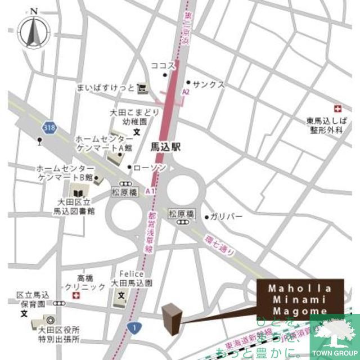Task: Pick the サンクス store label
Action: pyautogui.click(x=209, y=84)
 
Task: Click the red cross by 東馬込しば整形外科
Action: pyautogui.click(x=337, y=108)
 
